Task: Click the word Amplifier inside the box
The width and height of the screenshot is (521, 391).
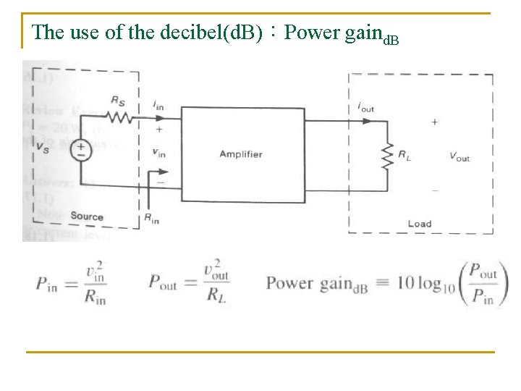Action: (x=241, y=154)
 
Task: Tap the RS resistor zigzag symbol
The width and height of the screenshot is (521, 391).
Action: (x=119, y=117)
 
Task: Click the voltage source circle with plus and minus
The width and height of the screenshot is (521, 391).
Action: (x=80, y=150)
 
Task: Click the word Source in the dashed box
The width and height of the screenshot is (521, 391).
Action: (x=87, y=216)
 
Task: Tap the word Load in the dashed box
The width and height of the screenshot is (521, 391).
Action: (x=419, y=224)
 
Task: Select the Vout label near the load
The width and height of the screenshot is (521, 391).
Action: (x=459, y=156)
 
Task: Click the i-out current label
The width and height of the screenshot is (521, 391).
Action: (x=366, y=106)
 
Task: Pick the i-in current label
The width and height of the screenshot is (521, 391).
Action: (x=158, y=106)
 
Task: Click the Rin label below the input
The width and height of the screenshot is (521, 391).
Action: (x=152, y=219)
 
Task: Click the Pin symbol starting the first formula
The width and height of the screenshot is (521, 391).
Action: (x=49, y=283)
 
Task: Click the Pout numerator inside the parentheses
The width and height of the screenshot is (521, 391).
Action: (x=483, y=273)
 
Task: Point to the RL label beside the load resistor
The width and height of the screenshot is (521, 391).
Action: (x=406, y=154)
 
